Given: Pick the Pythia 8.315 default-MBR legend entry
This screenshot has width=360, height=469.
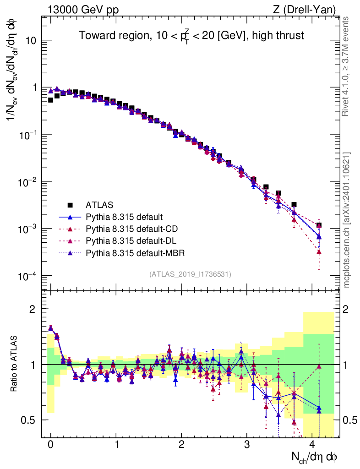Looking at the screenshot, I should tap(136, 253).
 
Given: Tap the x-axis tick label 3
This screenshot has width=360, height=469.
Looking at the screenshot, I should tap(247, 444).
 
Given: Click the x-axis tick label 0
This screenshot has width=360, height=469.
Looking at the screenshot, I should tap(50, 444).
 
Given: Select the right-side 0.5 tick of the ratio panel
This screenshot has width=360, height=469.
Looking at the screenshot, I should tap(350, 420).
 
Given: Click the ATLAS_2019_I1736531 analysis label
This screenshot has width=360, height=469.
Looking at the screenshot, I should tap(190, 274).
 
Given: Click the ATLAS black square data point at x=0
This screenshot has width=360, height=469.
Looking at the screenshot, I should tap(50, 100).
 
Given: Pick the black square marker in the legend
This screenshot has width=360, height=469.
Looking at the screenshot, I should tap(70, 205).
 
